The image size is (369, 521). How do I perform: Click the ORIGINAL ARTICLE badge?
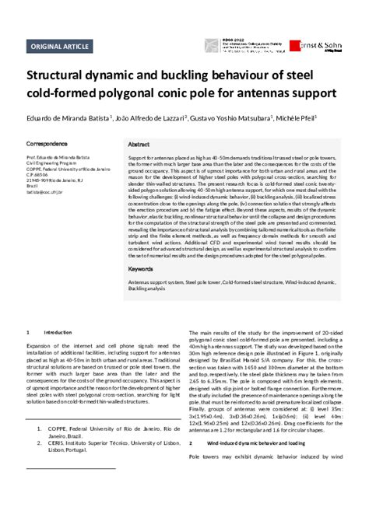(x=59, y=47)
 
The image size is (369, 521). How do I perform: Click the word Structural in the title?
(x=65, y=79)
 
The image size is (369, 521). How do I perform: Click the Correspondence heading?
(x=48, y=145)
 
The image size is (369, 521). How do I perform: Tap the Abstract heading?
(x=139, y=145)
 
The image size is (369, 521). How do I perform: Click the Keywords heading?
(x=141, y=268)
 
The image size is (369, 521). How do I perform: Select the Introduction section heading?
(x=57, y=332)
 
